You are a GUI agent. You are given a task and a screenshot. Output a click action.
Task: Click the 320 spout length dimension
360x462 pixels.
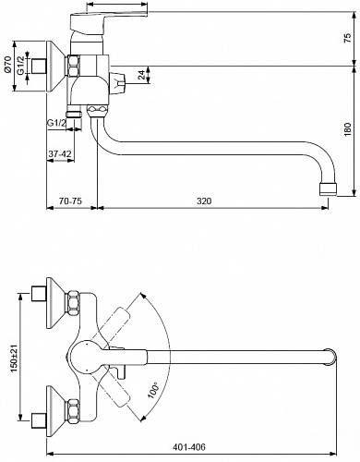204,201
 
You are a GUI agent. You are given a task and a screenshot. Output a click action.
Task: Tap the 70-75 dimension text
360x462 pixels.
70,201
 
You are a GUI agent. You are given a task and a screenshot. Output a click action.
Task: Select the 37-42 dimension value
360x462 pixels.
60,153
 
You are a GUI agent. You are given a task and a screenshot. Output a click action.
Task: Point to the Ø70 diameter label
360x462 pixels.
7,65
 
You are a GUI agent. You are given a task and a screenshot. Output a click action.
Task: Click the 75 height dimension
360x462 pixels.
347,37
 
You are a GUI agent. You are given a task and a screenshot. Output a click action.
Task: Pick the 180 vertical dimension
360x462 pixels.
347,129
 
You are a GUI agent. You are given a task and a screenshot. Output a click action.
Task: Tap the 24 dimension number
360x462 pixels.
141,75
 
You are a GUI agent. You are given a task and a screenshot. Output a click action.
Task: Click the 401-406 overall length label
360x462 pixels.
189,446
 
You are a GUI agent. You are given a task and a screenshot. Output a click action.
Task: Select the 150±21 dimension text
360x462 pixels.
14,359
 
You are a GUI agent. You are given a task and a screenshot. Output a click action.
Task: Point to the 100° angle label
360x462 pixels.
153,390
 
